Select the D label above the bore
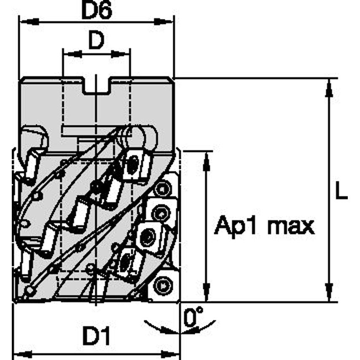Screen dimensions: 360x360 tap(96, 41)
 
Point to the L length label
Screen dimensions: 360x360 tap(341, 193)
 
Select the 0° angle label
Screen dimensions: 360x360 tap(193, 317)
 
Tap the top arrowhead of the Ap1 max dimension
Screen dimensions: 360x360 tap(206, 161)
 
